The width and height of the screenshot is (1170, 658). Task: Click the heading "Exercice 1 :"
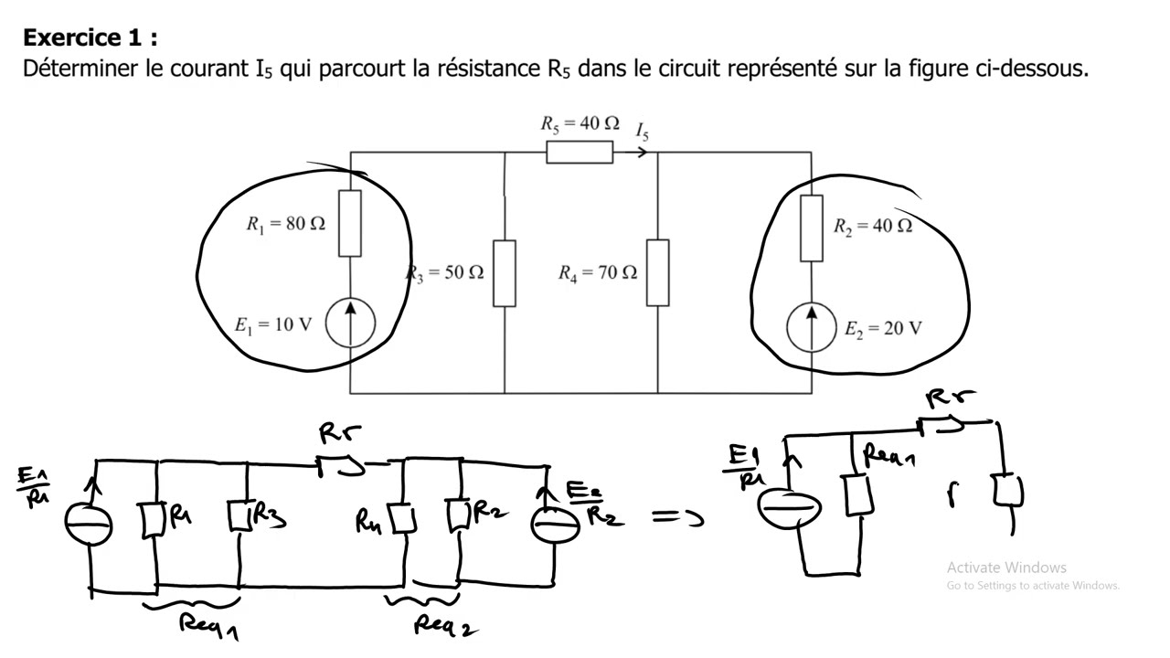pos(90,37)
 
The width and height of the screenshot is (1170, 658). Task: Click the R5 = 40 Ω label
pos(580,123)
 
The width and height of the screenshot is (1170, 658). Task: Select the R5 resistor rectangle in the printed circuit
pos(580,153)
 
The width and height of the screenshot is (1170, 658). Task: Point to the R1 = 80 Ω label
pos(285,224)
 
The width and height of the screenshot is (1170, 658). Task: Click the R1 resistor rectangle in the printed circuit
pos(350,223)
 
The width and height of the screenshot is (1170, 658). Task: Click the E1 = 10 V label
pos(273,324)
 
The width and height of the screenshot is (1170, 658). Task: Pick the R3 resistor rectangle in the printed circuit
pos(505,273)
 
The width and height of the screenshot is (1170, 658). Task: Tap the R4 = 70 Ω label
pos(598,272)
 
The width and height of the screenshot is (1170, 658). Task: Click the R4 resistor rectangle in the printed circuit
pos(658,272)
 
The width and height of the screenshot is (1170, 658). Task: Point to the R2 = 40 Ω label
pos(872,227)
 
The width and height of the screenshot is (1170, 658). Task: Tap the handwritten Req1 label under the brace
pos(208,626)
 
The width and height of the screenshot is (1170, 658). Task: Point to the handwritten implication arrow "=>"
pos(678,518)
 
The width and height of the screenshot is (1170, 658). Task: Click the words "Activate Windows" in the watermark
pos(1006,568)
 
